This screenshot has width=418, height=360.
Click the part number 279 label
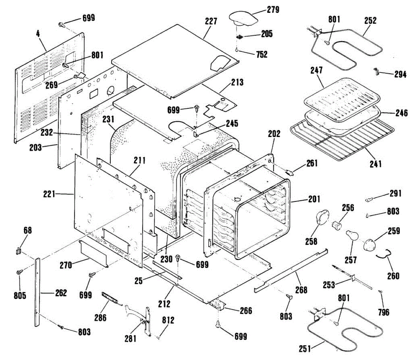coord(273,10)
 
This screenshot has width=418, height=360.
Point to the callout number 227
coord(211,21)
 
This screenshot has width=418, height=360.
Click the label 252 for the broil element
coord(371,21)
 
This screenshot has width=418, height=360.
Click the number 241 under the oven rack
coord(376,164)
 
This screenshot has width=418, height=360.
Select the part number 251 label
coord(305,348)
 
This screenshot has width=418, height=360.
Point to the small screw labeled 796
coord(380,291)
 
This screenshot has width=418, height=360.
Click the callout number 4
coord(38,34)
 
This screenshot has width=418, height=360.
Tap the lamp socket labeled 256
coord(336,225)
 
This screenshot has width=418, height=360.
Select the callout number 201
coord(314,199)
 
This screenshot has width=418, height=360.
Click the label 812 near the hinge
coord(168,320)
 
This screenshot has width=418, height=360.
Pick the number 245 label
coord(232,123)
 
